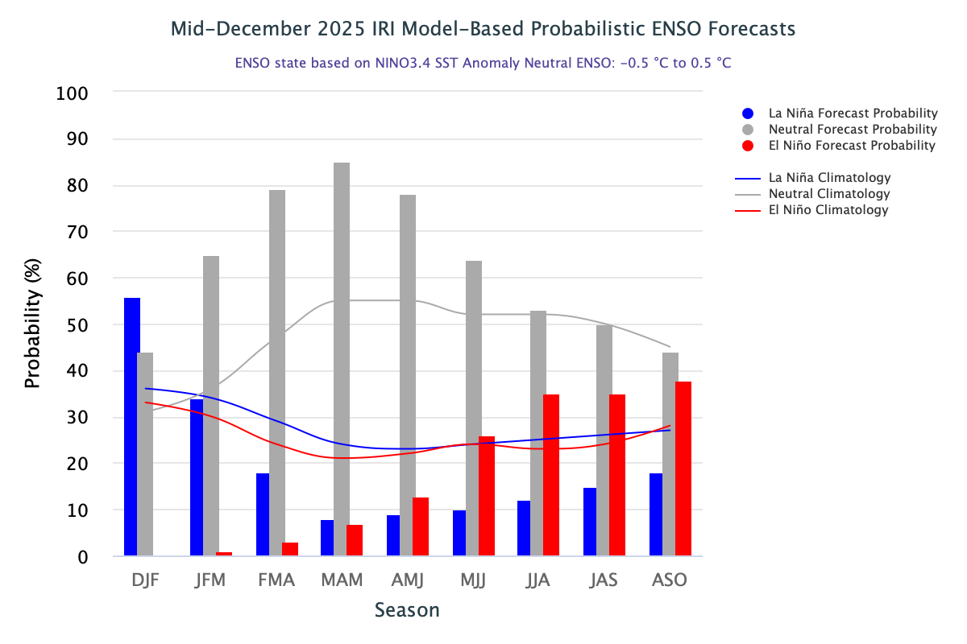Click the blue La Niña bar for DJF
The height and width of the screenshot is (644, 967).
(x=132, y=427)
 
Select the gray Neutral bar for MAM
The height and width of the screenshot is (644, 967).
(x=342, y=359)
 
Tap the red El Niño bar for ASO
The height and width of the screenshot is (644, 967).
(x=683, y=469)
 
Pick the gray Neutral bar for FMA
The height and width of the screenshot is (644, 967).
(x=277, y=373)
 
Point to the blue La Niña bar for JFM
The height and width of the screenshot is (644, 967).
(x=197, y=477)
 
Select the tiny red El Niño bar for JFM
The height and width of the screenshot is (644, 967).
(x=224, y=554)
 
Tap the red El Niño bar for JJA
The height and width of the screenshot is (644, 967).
(x=551, y=475)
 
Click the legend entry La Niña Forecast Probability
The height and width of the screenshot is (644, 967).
(x=853, y=113)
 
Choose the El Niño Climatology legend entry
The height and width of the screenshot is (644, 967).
(x=828, y=210)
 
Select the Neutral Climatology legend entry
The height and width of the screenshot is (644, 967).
(x=829, y=194)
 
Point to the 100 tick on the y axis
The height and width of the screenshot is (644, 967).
(x=73, y=93)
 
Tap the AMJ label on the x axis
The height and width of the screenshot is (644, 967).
(x=409, y=580)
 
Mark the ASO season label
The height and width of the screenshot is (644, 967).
(x=669, y=580)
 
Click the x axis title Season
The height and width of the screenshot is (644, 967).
(x=407, y=610)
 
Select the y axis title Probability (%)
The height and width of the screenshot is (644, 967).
(x=33, y=324)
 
